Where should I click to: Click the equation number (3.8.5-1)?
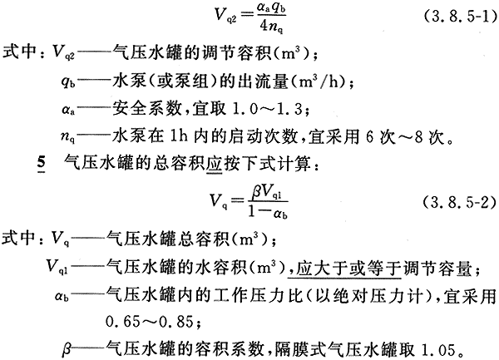[460, 16]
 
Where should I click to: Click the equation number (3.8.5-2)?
[460, 202]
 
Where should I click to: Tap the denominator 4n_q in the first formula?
[271, 27]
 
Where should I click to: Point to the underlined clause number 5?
[41, 164]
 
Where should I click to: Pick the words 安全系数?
[146, 109]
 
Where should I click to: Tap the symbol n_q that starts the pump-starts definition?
[68, 137]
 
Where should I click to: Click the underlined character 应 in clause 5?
[214, 164]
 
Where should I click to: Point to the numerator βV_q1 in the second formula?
[267, 193]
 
